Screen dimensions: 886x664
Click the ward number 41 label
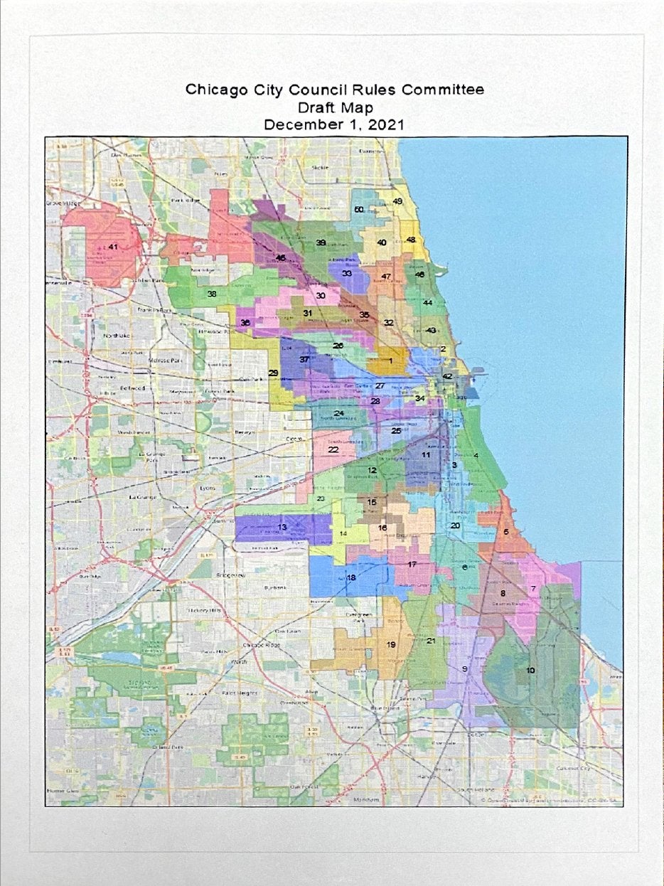click(x=112, y=246)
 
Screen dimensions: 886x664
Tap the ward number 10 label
click(x=530, y=670)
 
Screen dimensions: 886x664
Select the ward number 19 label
click(x=390, y=644)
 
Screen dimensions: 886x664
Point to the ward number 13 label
click(x=282, y=527)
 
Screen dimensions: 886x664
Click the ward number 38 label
click(x=212, y=294)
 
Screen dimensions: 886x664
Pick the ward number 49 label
click(x=397, y=201)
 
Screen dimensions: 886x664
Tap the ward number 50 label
click(x=359, y=210)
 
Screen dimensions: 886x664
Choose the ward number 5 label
click(x=506, y=532)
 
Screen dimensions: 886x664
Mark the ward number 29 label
click(x=273, y=373)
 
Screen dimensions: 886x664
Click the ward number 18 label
click(x=350, y=577)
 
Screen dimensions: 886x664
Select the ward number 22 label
click(x=333, y=449)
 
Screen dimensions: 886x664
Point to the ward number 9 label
click(x=464, y=668)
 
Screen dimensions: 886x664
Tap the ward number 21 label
click(x=430, y=641)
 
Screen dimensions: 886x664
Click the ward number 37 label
click(x=304, y=360)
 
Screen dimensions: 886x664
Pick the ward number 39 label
click(x=321, y=242)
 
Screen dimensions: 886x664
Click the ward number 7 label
click(x=532, y=589)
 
